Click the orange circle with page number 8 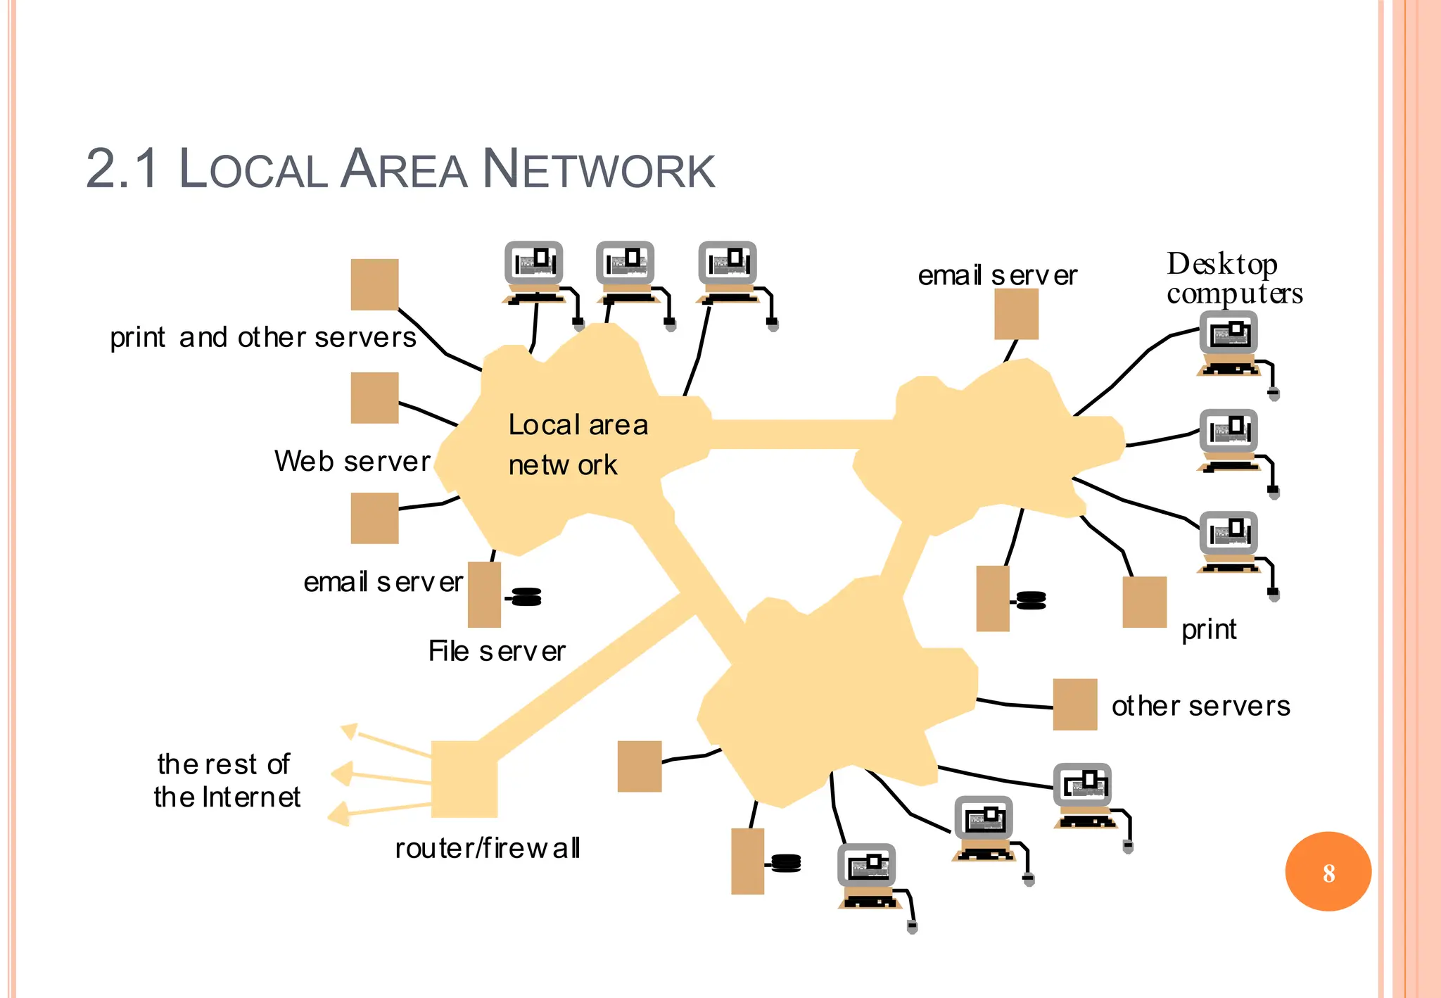click(x=1328, y=871)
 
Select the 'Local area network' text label click(x=577, y=444)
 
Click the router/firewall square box click(x=464, y=778)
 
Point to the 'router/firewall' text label click(x=488, y=848)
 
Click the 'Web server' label click(x=352, y=462)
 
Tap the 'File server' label click(x=497, y=651)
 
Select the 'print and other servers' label click(x=263, y=338)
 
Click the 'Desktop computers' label click(x=1234, y=279)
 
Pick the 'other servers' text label click(x=1200, y=705)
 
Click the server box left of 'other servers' click(x=1074, y=704)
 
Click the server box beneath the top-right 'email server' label click(x=1016, y=314)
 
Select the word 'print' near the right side click(x=1208, y=629)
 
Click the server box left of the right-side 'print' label click(x=1144, y=602)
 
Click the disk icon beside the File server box click(x=526, y=597)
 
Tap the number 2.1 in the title click(x=122, y=169)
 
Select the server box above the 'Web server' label click(x=374, y=398)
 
